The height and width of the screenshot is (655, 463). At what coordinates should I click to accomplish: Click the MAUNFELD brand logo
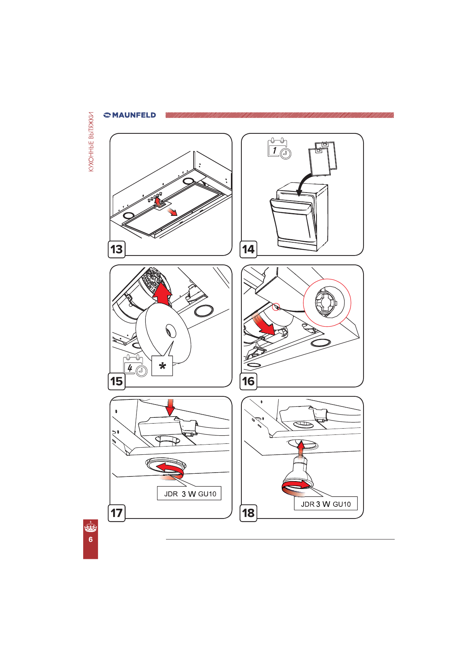point(129,115)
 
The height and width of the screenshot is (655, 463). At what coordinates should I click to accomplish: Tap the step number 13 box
point(117,249)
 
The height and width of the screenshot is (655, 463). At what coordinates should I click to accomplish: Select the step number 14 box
point(248,249)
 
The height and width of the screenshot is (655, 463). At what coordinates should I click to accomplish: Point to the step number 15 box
point(117,381)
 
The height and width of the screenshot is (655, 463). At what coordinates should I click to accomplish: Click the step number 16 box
point(248,381)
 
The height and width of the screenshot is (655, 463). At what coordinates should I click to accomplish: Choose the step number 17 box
point(117,513)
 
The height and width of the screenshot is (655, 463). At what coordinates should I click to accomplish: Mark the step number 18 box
point(248,513)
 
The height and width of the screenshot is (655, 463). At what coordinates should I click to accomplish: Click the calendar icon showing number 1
point(279,149)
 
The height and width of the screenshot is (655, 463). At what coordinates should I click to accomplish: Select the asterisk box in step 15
point(162,366)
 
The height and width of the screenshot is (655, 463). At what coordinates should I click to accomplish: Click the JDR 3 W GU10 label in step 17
point(189,494)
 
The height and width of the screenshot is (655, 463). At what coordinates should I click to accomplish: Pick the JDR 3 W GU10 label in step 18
point(326,504)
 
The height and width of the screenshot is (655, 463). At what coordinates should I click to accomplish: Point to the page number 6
point(91,539)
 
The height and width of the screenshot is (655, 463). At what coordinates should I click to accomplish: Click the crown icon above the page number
point(91,527)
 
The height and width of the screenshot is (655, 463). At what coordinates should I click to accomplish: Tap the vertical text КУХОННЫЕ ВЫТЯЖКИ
point(91,142)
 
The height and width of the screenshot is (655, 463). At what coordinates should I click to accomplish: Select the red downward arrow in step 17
point(170,407)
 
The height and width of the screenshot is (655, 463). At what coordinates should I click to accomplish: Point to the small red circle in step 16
point(276,307)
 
